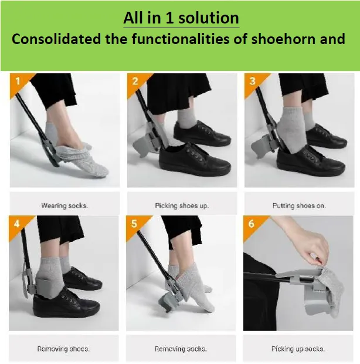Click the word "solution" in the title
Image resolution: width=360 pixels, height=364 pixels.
coord(209,18)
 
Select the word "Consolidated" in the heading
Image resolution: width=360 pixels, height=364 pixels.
coord(56,39)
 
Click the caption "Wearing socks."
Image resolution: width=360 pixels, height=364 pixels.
coord(64,205)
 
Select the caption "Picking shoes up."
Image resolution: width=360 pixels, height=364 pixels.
coord(182,205)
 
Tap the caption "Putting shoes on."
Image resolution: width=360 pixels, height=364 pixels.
coord(299,205)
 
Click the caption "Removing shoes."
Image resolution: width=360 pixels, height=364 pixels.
coord(63,349)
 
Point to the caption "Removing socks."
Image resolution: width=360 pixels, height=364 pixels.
coord(181,349)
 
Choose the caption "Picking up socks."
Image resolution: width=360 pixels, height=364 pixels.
coord(298,349)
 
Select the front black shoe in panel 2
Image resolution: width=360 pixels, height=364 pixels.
coord(195,160)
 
